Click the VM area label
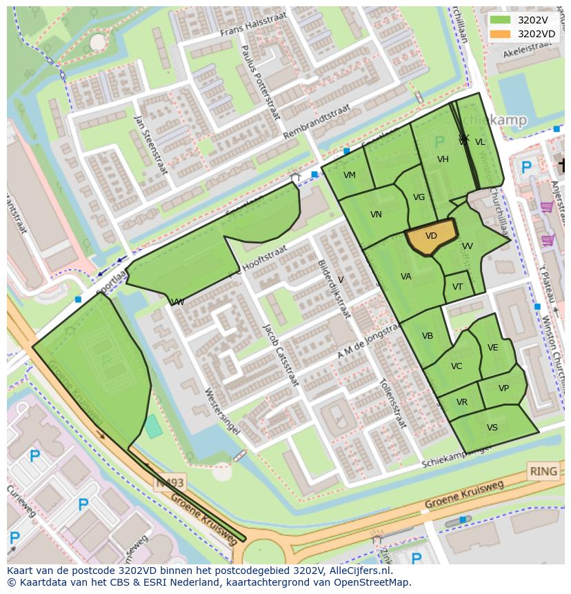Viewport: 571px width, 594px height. coord(350,175)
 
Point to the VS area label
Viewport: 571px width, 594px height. coord(492,428)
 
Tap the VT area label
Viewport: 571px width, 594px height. coord(457,287)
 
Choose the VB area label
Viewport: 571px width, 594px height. coord(428,336)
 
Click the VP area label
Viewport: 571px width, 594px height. coord(503,388)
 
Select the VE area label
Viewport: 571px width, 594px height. coord(492,348)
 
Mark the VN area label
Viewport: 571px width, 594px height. coord(376,215)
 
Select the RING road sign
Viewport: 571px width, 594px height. coord(543,472)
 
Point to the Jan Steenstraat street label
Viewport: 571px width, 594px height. coord(151,145)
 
